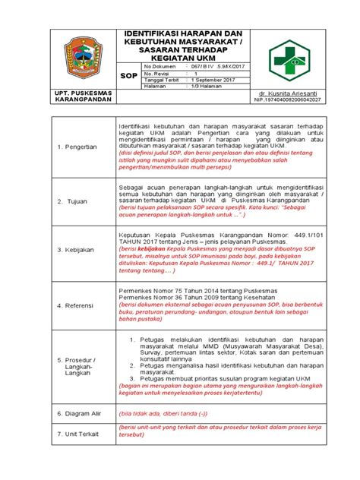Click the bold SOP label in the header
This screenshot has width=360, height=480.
point(129,77)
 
